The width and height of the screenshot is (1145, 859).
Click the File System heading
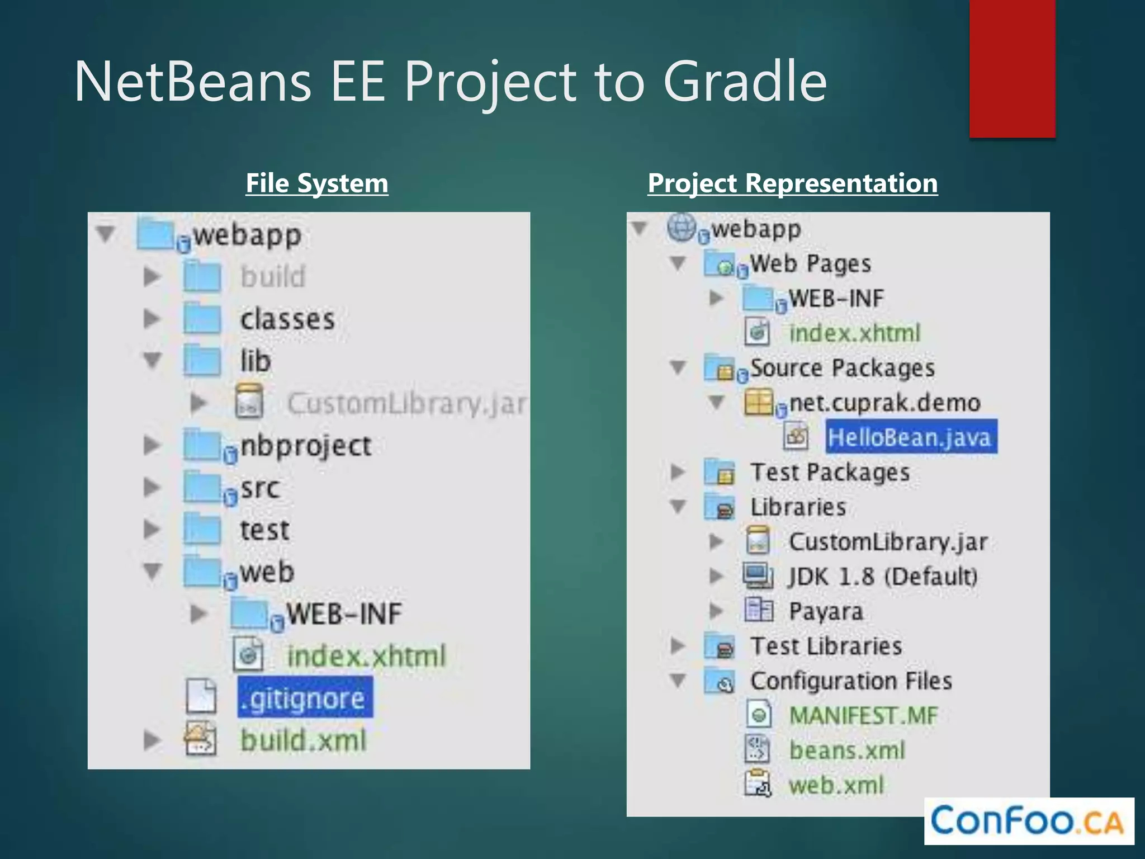coord(317,183)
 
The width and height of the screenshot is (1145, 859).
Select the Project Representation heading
coord(792,183)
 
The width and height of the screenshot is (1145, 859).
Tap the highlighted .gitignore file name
coord(305,698)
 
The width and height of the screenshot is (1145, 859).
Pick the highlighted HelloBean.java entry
coord(910,437)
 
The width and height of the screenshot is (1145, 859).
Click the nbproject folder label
coord(305,446)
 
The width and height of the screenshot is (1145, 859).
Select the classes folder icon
coord(202,319)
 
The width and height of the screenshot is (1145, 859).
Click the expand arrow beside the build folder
coord(152,276)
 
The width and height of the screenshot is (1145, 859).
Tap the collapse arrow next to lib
coord(152,360)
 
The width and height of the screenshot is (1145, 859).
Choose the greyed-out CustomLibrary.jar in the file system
coord(406,403)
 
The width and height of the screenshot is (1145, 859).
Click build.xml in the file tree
coord(304,740)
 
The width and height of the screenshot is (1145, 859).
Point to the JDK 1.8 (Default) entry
coord(883,576)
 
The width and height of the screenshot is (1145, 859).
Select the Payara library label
coord(825,611)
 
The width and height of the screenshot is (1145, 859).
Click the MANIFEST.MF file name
coord(863,715)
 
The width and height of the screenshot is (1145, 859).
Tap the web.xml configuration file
coord(836,785)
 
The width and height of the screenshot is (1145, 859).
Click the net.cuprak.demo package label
coord(884,403)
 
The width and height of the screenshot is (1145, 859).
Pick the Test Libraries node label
coord(826,646)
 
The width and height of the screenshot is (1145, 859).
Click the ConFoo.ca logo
coord(1028,820)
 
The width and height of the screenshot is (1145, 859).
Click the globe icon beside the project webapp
coord(681,228)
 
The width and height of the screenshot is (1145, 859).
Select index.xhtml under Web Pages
coord(854,333)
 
